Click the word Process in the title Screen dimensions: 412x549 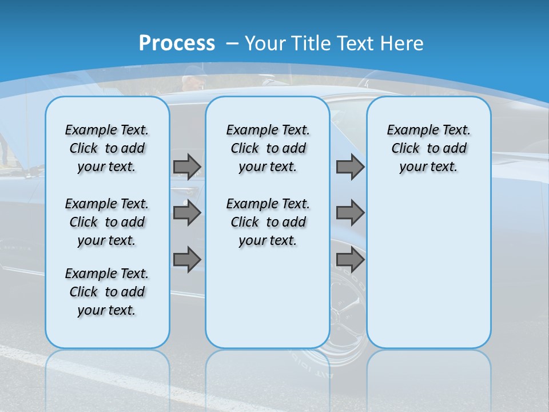[x=177, y=43]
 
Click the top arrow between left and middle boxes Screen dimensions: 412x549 [x=187, y=167]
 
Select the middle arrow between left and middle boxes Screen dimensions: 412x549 [x=187, y=213]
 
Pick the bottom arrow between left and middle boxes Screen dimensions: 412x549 [x=187, y=260]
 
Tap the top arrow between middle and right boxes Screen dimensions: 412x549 [x=350, y=167]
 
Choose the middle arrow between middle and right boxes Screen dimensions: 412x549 [x=350, y=213]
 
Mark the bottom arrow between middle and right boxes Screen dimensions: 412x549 [x=350, y=260]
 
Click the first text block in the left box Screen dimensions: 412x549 [x=107, y=148]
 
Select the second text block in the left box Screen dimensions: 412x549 [x=107, y=222]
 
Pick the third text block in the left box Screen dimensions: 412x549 [x=107, y=292]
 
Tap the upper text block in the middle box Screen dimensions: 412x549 [x=268, y=148]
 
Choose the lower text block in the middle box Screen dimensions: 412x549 [x=268, y=222]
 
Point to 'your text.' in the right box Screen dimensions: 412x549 [x=428, y=167]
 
